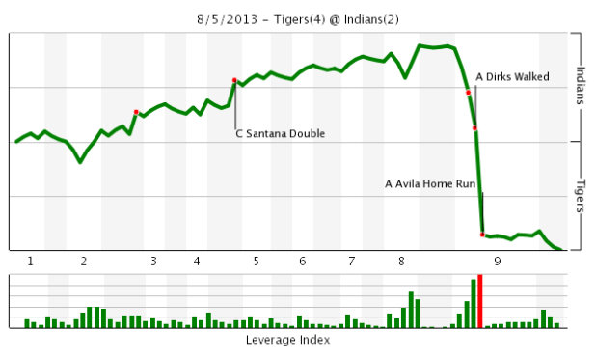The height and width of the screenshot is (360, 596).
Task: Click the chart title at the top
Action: (298, 19)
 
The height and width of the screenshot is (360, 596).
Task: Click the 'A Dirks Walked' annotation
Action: (513, 77)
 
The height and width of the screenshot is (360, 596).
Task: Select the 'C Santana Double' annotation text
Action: (280, 134)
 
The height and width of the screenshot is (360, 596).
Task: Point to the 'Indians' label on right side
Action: (581, 86)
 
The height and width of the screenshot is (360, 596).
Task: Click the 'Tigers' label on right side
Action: (581, 197)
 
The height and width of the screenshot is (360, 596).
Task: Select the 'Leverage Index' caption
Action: (287, 341)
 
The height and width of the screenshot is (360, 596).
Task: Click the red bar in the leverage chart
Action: (479, 302)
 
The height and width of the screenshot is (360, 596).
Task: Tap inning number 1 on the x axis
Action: (31, 262)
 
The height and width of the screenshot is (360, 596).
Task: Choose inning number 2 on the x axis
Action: (84, 262)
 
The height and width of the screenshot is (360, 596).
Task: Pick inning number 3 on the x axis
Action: (152, 262)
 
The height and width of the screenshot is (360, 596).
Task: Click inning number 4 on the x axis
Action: (197, 262)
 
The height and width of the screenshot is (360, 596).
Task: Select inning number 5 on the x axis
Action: (256, 262)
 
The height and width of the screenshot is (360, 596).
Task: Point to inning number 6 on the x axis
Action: (302, 262)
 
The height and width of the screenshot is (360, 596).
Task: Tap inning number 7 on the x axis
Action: (352, 262)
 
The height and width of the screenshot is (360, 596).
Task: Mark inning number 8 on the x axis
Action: (400, 262)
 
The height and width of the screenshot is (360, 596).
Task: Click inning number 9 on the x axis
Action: (497, 262)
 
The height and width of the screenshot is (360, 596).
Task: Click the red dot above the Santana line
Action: (234, 80)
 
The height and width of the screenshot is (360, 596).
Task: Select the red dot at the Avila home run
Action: (482, 235)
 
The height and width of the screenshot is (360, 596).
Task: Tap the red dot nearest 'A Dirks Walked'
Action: (468, 93)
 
